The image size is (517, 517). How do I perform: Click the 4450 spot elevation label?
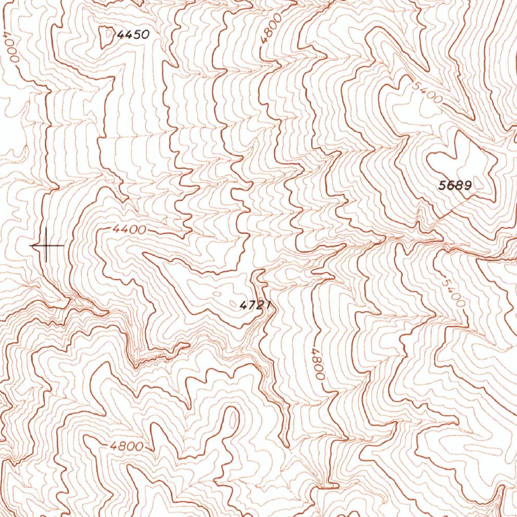(x=133, y=35)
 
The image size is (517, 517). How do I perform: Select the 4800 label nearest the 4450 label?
(x=266, y=33)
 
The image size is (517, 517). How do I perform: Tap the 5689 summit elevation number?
(x=454, y=186)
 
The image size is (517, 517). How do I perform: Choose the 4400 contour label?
(x=129, y=230)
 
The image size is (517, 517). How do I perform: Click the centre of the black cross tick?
(x=46, y=246)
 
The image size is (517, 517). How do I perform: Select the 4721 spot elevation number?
(x=255, y=305)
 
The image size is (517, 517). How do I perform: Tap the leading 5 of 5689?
(x=442, y=186)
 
